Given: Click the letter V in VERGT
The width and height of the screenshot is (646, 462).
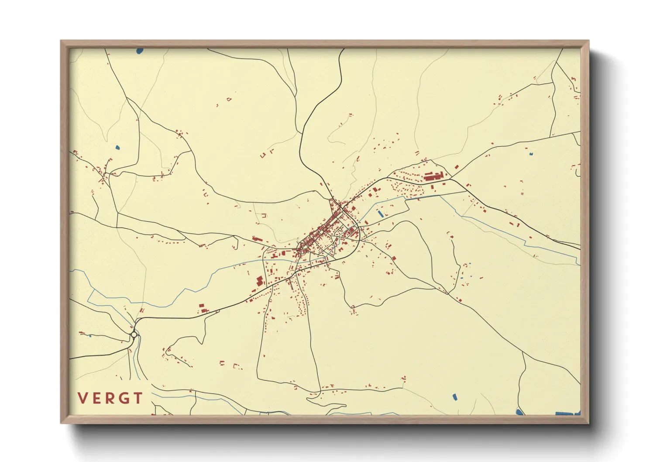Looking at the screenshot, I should click(82, 398).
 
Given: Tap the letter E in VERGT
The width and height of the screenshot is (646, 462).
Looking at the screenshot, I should click(97, 398).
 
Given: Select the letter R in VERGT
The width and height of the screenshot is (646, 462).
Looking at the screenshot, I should click(110, 398).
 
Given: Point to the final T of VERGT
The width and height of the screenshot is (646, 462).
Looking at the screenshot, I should click(138, 398).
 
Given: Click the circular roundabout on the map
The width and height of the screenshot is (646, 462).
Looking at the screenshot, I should click(134, 335).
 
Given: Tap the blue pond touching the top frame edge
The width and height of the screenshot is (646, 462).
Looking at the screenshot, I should click(139, 51).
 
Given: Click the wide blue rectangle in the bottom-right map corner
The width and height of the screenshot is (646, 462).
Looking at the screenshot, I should click(567, 413).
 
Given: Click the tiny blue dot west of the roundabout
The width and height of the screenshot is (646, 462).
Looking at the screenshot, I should click(89, 336).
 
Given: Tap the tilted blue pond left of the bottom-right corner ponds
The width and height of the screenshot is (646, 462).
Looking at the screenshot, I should click(454, 397).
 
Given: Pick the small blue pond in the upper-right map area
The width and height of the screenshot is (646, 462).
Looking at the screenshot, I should click(531, 154).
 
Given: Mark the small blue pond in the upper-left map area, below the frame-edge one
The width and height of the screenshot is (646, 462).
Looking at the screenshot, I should click(117, 147).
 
